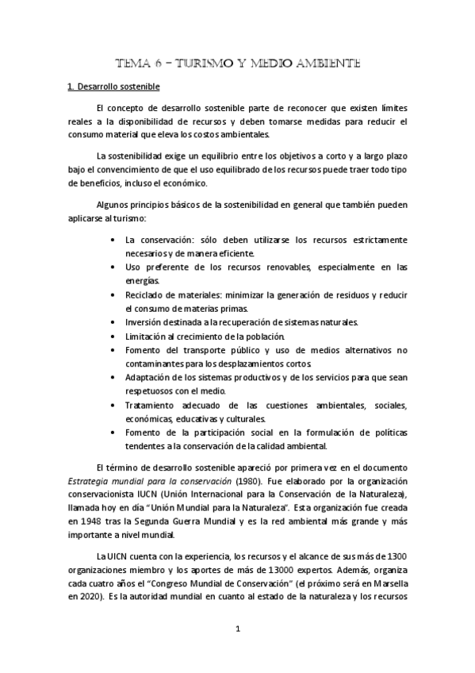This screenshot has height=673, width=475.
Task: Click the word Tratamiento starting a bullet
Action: click(153, 405)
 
